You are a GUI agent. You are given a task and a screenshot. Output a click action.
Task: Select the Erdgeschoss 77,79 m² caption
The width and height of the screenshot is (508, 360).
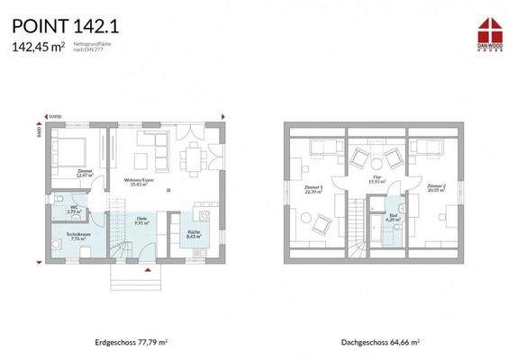pyautogui.click(x=132, y=343)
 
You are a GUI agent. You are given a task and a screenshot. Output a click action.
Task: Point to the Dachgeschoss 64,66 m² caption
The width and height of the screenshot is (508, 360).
pyautogui.click(x=381, y=343)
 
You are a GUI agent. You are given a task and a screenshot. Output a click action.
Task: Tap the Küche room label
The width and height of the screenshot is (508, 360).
pyautogui.click(x=195, y=235)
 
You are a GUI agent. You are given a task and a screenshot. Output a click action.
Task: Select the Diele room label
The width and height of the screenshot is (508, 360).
pyautogui.click(x=141, y=220)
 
